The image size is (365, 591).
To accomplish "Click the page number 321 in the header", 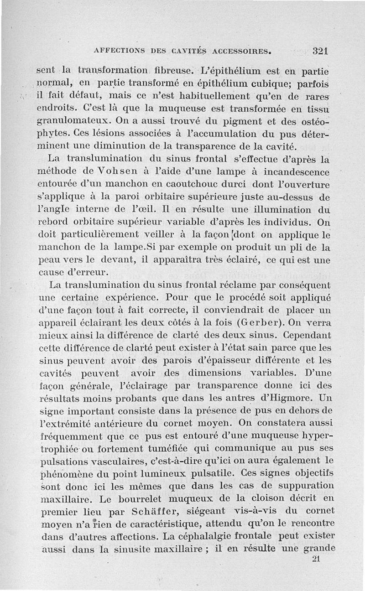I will pyautogui.click(x=321, y=51).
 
